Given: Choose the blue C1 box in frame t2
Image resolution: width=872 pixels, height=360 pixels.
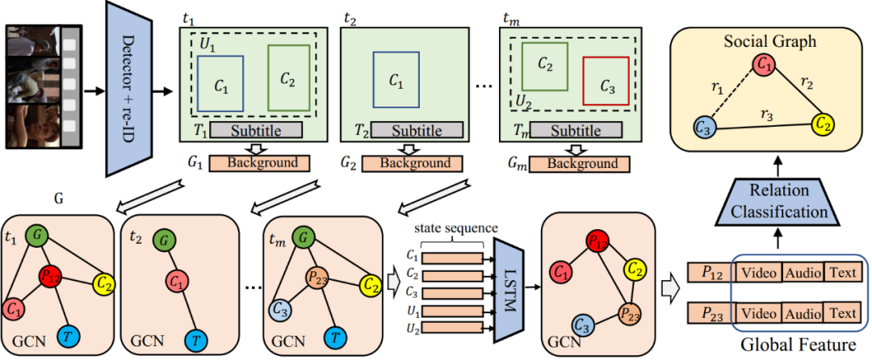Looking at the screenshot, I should (396, 80).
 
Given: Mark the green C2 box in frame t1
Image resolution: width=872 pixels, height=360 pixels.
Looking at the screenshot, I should (288, 77).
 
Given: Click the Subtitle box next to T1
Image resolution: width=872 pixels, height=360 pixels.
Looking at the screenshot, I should (256, 130).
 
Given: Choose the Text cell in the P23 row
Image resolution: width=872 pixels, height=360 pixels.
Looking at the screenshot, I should (842, 312).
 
